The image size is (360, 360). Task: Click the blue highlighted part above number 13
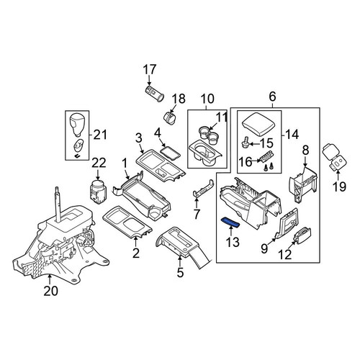click(230, 222)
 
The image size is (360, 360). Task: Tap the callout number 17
click(150, 70)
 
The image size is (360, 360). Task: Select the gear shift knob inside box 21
click(77, 123)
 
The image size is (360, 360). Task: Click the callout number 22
click(99, 163)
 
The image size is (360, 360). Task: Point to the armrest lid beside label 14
click(258, 124)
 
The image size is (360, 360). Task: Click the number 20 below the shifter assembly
click(51, 291)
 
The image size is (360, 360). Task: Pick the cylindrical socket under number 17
click(155, 94)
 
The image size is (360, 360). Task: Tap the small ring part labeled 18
click(170, 117)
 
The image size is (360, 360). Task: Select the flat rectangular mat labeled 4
click(170, 153)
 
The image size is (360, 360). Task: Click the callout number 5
click(180, 272)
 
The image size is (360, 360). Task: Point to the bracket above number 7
click(203, 189)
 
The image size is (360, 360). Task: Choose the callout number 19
click(339, 186)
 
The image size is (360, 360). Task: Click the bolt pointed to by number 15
click(245, 143)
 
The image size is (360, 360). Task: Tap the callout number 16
click(246, 162)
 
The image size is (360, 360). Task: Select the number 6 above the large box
click(272, 96)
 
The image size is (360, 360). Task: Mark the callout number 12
click(285, 254)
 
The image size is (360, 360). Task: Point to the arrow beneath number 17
click(150, 81)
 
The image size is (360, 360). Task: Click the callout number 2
click(136, 253)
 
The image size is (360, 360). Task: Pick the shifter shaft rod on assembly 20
click(58, 204)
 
